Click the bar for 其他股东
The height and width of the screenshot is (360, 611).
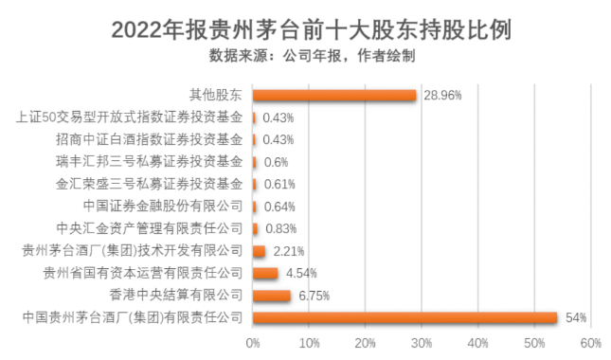click(334, 96)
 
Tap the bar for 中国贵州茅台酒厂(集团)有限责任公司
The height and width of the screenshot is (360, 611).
click(404, 317)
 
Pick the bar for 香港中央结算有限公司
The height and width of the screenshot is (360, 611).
click(272, 296)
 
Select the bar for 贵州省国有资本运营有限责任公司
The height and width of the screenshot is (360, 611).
click(265, 273)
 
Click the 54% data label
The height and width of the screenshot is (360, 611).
click(575, 317)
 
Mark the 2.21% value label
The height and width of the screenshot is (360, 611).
click(288, 251)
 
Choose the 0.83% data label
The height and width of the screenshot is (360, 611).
click(279, 228)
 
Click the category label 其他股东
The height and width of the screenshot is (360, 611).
click(217, 96)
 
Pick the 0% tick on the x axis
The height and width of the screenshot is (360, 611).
click(253, 343)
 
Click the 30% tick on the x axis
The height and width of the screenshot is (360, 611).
click(422, 343)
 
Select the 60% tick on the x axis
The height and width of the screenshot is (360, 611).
click(590, 343)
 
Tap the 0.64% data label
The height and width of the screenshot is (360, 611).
click(279, 207)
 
